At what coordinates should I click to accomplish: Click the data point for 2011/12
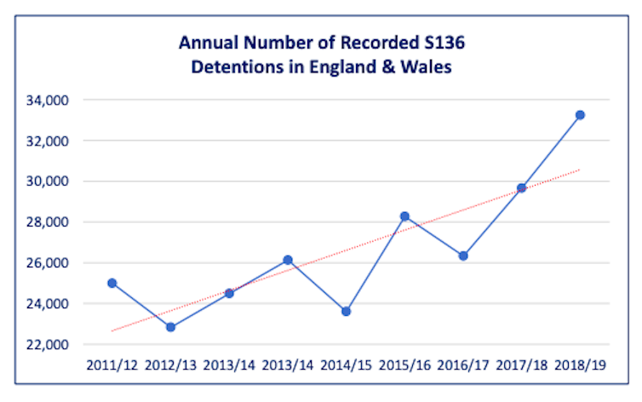click(x=112, y=283)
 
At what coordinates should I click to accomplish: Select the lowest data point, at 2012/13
click(x=170, y=327)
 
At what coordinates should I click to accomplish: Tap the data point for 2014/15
click(x=346, y=312)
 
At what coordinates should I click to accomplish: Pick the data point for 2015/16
click(x=404, y=216)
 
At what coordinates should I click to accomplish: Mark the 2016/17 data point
click(x=463, y=256)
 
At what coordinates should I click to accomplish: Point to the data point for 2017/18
click(x=521, y=188)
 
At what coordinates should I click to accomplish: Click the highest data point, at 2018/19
click(x=580, y=115)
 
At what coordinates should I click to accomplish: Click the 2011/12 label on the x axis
click(x=112, y=365)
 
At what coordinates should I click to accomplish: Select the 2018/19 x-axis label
click(x=580, y=365)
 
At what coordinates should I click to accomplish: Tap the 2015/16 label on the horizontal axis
click(x=404, y=365)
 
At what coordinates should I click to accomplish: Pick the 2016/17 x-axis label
click(x=463, y=365)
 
